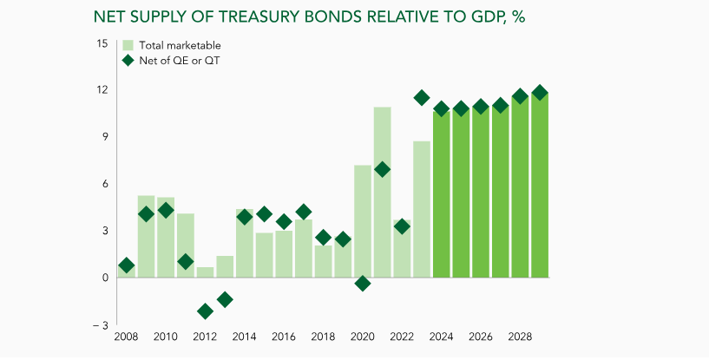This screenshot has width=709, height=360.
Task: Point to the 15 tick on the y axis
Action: point(102,43)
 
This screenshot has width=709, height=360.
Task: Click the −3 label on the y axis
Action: point(100,324)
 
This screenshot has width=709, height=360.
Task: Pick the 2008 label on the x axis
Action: point(126,337)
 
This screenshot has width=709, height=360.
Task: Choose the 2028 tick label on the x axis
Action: point(520,337)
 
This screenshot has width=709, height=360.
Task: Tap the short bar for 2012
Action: point(205,272)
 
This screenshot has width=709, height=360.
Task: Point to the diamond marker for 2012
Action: point(205,311)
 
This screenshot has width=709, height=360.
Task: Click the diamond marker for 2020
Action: point(363,284)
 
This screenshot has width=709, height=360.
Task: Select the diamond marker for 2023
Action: point(422,98)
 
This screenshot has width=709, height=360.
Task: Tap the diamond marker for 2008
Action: point(126,265)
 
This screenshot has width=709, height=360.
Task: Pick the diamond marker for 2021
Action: point(383,169)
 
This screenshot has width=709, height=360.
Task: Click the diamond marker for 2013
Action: point(225,299)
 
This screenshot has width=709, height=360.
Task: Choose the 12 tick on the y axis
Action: point(102,90)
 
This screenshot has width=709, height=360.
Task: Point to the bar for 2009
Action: point(146,243)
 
